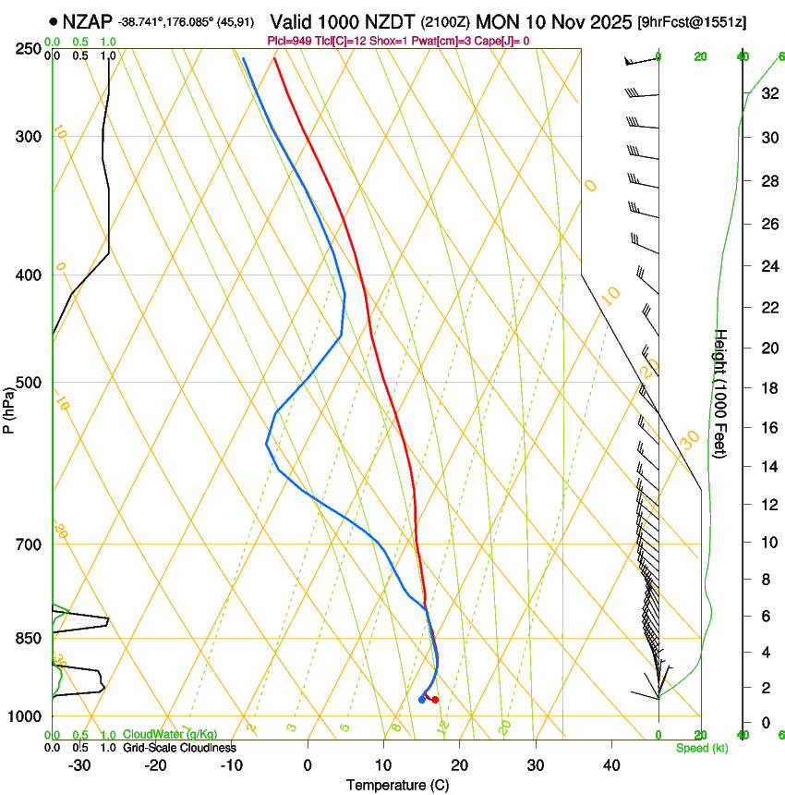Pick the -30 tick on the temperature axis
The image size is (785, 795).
click(x=79, y=764)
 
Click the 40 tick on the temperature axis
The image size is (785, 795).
click(x=610, y=764)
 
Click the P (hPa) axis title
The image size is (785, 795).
click(x=8, y=409)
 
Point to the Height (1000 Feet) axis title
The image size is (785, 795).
click(x=721, y=393)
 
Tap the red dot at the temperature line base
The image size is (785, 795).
click(x=435, y=700)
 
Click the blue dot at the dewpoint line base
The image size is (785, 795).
click(x=421, y=700)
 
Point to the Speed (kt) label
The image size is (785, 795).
click(x=702, y=748)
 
